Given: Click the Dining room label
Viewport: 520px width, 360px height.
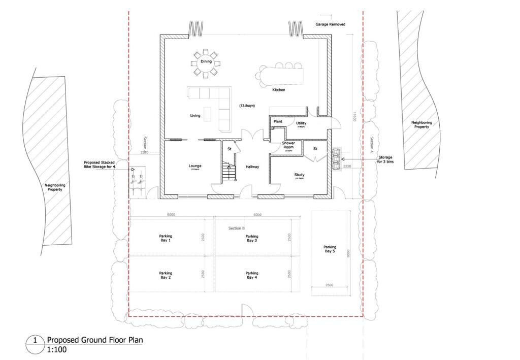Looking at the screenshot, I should coord(206,61).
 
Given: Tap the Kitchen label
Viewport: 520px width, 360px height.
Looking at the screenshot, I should coord(278,90).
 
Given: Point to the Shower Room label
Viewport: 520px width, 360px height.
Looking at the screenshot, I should coord(288,146).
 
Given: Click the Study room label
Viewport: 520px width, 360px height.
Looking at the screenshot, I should coord(299,175).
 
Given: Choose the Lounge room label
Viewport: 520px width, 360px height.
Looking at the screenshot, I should coord(195,166).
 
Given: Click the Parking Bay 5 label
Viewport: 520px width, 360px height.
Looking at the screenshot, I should coord(330,249).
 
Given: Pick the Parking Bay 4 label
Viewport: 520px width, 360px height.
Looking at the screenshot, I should coord(252,275).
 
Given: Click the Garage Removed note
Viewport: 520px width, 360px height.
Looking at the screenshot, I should coord(331,24).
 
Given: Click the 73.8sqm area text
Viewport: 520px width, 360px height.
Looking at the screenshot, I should coord(247,106).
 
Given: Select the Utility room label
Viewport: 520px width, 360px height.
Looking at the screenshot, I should coord(301,123).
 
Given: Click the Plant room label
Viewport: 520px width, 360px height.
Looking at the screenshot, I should coord(278,122).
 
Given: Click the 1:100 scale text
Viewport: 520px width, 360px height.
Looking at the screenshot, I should coord(56,350).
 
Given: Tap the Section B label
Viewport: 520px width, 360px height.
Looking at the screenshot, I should coord(237,228).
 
